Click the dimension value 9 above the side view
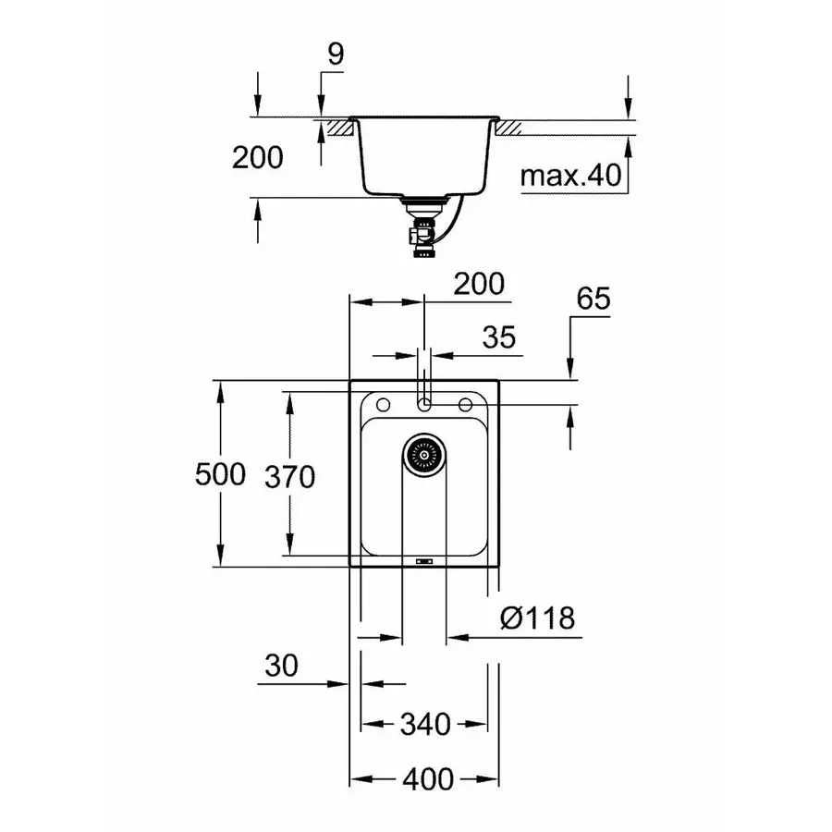[x=335, y=55]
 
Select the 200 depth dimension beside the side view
[x=257, y=158]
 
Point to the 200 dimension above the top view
[x=479, y=285]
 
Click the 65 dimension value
[x=593, y=300]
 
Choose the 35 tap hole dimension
[x=498, y=337]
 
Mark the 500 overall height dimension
[x=220, y=475]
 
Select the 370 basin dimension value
[x=289, y=477]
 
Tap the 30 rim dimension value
[x=282, y=666]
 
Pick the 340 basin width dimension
[x=424, y=724]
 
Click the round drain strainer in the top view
[x=424, y=454]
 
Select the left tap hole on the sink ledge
[x=380, y=404]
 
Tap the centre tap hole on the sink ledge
[x=424, y=404]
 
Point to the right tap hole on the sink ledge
[x=468, y=404]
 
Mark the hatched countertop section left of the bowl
[x=338, y=128]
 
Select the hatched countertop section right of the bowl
[x=510, y=128]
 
